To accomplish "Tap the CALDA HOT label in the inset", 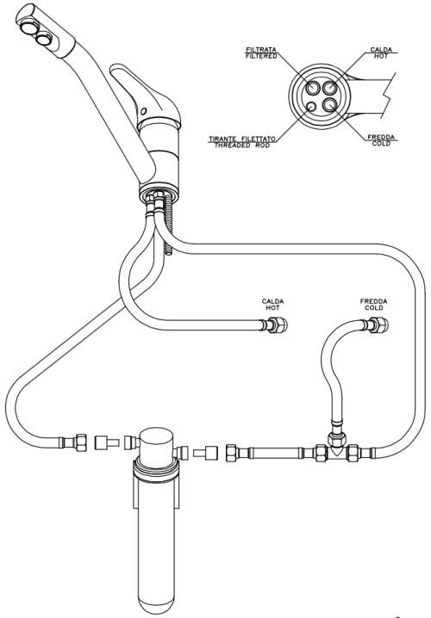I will click(x=381, y=53).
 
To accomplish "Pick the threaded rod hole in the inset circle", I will click(x=311, y=107).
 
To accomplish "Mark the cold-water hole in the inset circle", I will click(x=330, y=107).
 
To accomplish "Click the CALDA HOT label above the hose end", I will click(x=272, y=305).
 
